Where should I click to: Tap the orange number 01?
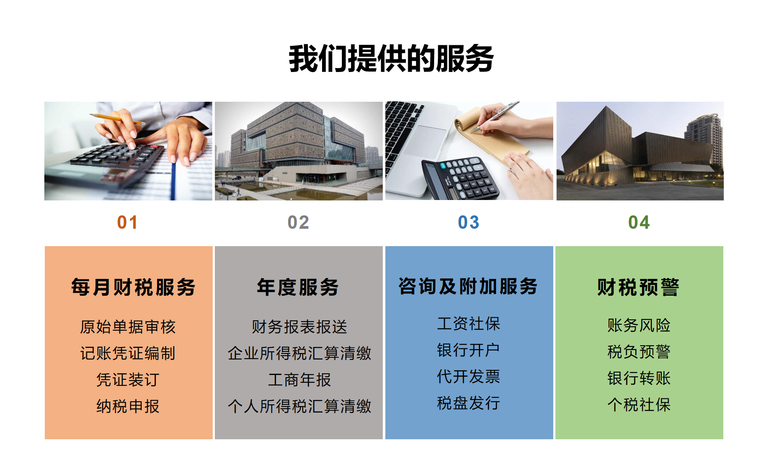point(127,222)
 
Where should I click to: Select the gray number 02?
point(298,222)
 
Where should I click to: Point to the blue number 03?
point(468,222)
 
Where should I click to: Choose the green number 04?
point(639,222)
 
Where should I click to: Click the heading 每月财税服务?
point(133,287)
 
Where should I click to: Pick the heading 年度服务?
point(298,287)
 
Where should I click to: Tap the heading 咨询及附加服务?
point(468,286)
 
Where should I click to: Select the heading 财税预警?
point(639,287)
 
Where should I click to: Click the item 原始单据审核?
point(128,327)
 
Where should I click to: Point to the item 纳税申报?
point(128,406)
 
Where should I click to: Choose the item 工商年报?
point(300,380)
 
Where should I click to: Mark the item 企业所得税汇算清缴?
point(300,353)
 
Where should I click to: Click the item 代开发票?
point(468,376)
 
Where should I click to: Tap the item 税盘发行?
point(468,403)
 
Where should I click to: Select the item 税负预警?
point(639,352)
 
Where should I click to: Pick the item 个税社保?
point(639,405)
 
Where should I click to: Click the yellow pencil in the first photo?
point(116,119)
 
